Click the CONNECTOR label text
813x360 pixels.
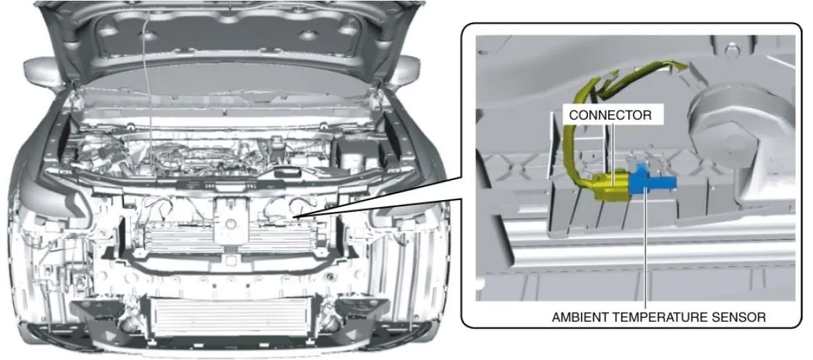pos(610,114)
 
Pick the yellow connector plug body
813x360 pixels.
pos(611,187)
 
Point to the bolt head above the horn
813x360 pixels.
pos(731,51)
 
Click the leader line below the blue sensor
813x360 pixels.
pos(645,248)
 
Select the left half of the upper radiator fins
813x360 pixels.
pos(177,238)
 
